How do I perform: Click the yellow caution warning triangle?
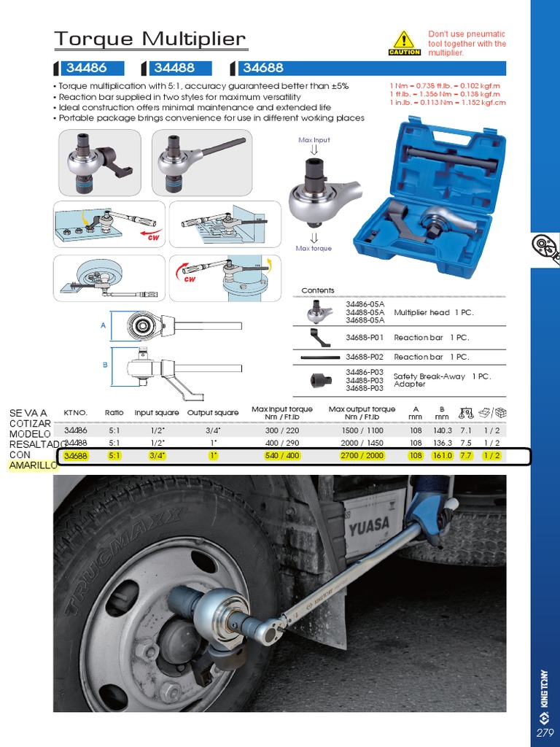point(403,41)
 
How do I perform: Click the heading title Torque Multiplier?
point(150,39)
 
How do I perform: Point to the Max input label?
point(314,139)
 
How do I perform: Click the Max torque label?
point(314,249)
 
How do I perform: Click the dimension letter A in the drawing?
point(104,325)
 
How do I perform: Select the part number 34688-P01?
point(365,338)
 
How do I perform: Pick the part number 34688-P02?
point(365,357)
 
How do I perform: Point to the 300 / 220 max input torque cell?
point(282,431)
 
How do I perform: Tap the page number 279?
point(544,732)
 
